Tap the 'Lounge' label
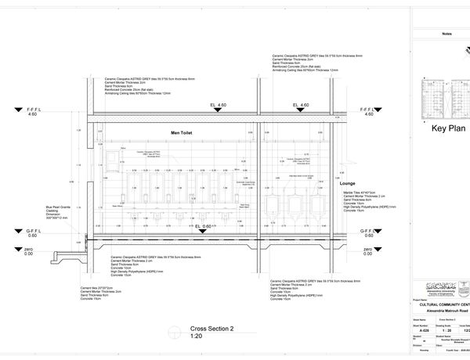click(x=348, y=183)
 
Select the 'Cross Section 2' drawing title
click(x=212, y=329)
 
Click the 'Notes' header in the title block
click(x=446, y=34)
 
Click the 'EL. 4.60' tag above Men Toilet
click(x=218, y=105)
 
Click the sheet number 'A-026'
click(x=425, y=331)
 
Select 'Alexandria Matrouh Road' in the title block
click(x=443, y=311)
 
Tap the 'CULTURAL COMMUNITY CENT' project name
click(x=442, y=304)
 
